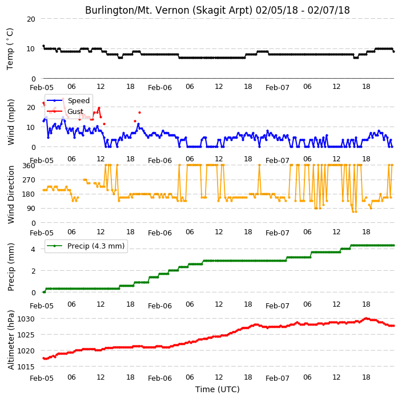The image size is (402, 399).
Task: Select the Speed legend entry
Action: point(68,100)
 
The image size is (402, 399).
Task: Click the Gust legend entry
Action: point(65,111)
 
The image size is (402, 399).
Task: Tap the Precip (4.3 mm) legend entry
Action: point(86,246)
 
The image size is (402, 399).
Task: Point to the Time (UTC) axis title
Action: point(218,389)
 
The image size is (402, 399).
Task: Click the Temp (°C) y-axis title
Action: point(10,49)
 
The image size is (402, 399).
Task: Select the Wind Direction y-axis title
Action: point(10,195)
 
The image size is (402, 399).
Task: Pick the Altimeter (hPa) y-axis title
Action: point(10,340)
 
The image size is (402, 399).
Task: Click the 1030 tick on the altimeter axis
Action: point(26,319)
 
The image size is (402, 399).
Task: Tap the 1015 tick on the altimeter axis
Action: point(26,367)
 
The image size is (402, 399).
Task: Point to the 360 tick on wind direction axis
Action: point(29,166)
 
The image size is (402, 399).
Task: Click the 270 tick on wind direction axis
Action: point(29,180)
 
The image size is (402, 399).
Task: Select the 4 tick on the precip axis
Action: point(33,249)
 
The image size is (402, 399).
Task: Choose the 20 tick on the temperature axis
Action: point(31,19)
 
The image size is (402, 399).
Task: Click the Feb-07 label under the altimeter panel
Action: point(278,378)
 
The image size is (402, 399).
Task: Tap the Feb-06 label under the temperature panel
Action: point(160,88)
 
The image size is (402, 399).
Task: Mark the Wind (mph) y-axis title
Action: point(10,123)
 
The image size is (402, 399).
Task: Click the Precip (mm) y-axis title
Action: point(10,267)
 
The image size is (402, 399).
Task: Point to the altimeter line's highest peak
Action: point(366,319)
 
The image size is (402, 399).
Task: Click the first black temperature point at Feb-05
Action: point(43,46)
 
